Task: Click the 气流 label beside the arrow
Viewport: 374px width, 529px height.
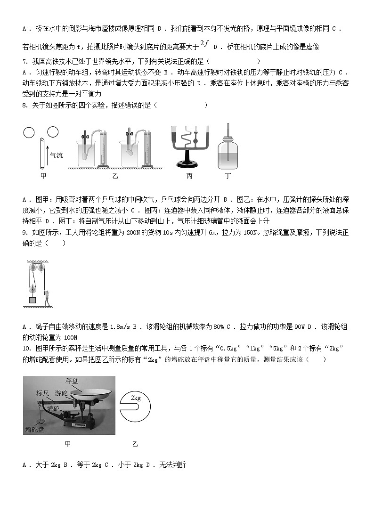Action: (56, 155)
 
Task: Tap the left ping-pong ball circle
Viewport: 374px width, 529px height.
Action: (29, 133)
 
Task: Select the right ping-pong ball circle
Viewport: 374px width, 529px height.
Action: (53, 133)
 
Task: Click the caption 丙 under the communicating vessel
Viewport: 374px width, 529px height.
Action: (189, 176)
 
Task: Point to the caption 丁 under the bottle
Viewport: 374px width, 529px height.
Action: (228, 176)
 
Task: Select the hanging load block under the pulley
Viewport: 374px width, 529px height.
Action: (32, 300)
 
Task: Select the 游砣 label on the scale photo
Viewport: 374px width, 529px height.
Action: (61, 393)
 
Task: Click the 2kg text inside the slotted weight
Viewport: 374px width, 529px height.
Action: (136, 398)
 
